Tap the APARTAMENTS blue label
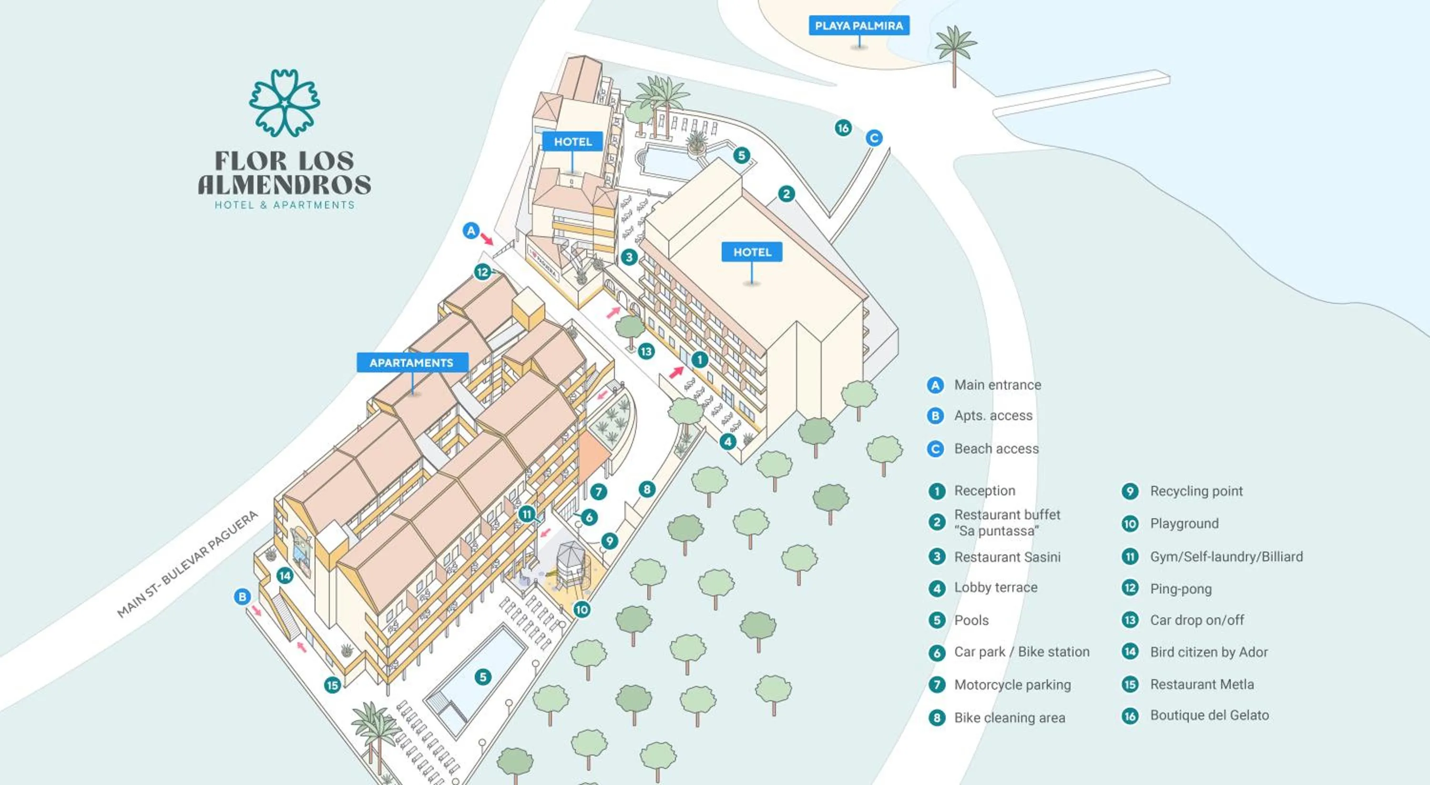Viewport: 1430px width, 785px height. tap(411, 362)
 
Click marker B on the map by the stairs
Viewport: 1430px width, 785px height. tap(242, 596)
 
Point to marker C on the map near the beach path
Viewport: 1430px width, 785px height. tap(874, 138)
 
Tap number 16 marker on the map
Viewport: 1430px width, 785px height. tap(843, 128)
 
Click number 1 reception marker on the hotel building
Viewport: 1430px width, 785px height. tap(699, 359)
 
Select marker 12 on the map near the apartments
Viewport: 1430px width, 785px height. tap(482, 272)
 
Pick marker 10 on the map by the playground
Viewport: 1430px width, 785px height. tap(581, 610)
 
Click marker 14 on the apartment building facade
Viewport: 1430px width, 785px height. tap(285, 575)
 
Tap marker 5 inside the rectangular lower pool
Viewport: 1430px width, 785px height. tap(482, 676)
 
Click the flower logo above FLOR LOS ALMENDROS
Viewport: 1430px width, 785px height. tap(284, 102)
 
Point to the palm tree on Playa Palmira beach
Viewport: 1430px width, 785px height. tap(954, 53)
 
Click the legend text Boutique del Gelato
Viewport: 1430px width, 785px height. tap(1209, 715)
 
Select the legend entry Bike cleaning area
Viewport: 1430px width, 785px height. tap(1009, 717)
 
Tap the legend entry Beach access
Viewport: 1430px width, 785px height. tap(996, 448)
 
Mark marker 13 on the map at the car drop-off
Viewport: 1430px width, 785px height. tap(645, 351)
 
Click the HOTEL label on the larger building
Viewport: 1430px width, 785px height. tap(752, 252)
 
